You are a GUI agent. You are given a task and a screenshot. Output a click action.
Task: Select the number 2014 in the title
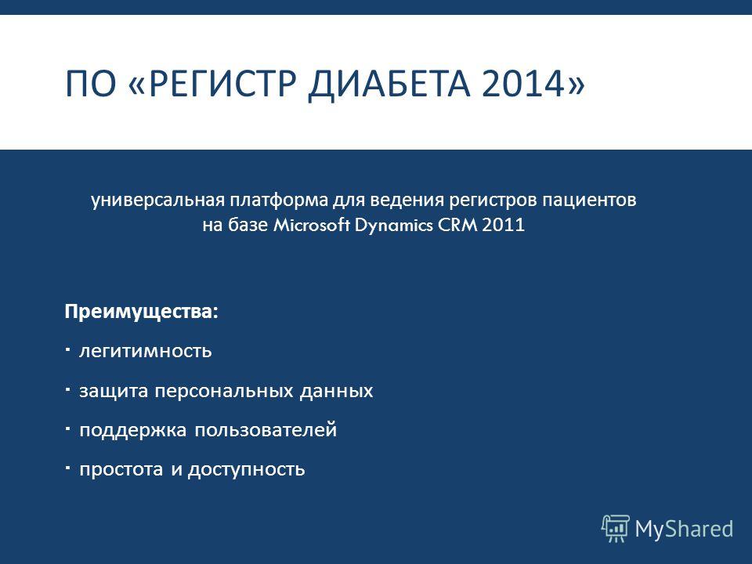tap(523, 84)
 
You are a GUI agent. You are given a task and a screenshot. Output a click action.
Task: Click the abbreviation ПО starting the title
tap(91, 84)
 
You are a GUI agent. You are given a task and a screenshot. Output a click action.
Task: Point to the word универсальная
tap(157, 200)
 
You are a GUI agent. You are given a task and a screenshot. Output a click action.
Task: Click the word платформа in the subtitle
tap(280, 200)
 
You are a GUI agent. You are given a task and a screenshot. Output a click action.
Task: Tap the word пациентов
tap(589, 201)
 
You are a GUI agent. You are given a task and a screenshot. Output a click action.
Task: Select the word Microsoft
tap(311, 225)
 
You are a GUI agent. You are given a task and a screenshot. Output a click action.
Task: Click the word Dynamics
tap(394, 226)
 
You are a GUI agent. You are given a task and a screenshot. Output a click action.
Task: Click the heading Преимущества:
tap(142, 313)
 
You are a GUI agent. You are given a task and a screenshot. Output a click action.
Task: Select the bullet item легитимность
tap(146, 351)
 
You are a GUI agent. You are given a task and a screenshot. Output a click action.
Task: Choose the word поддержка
tap(133, 430)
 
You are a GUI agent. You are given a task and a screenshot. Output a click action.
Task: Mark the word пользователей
tap(266, 429)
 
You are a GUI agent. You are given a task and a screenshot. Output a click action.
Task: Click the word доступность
tap(247, 469)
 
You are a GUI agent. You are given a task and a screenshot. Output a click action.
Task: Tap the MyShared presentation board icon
tap(616, 529)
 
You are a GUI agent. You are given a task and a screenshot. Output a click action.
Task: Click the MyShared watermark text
tap(684, 529)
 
